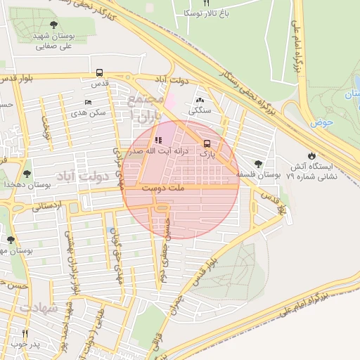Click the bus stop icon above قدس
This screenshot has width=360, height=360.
[99, 72]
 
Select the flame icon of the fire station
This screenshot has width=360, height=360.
[311, 155]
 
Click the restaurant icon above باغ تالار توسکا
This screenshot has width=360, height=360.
[206, 3]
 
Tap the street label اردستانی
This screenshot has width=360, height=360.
[47, 206]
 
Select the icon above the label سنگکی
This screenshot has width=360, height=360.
[200, 101]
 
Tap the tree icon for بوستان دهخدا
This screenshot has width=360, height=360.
[27, 174]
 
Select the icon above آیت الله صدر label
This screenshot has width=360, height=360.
[158, 140]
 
